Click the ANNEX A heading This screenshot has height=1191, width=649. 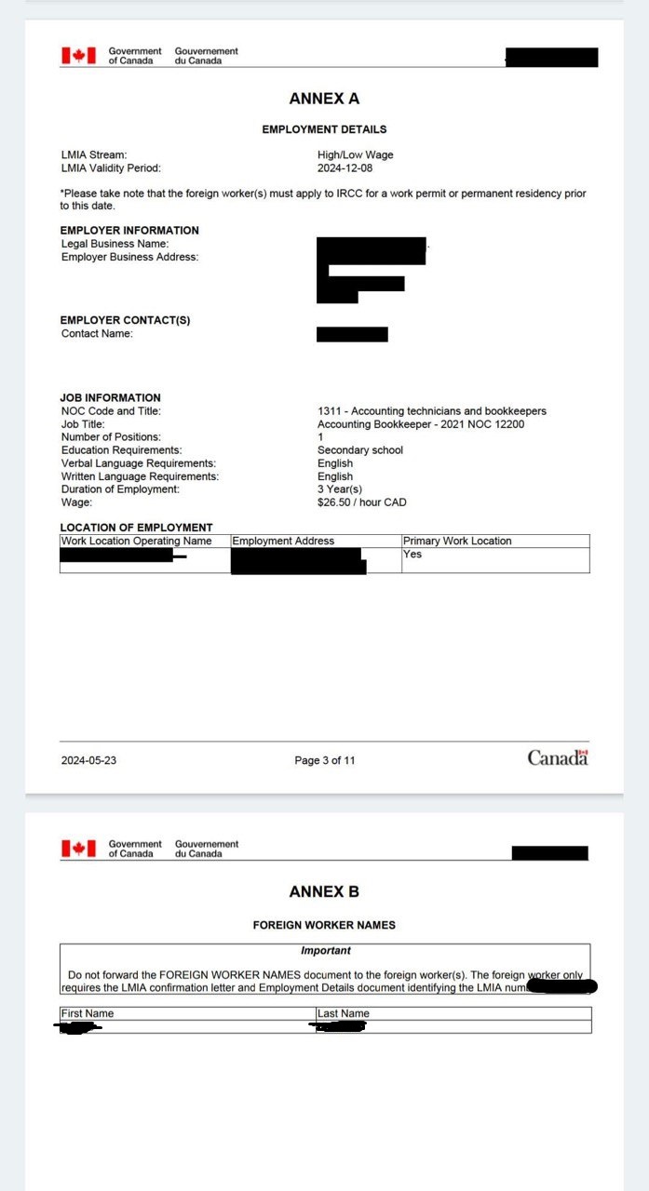click(324, 99)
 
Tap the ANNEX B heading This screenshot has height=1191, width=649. click(324, 891)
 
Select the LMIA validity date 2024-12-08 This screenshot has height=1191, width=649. click(344, 168)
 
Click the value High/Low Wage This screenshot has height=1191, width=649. click(355, 155)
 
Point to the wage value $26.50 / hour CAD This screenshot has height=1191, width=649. click(361, 502)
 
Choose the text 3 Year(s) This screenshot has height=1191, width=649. click(340, 489)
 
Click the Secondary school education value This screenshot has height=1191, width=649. click(360, 450)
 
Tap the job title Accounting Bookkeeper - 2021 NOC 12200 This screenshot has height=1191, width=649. click(421, 424)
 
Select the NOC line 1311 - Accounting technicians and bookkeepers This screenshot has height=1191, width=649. click(431, 411)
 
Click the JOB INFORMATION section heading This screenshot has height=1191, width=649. click(110, 397)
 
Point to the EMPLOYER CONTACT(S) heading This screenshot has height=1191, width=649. click(125, 320)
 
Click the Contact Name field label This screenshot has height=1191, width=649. click(97, 334)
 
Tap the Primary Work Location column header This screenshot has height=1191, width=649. click(456, 541)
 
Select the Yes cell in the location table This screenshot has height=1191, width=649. click(412, 555)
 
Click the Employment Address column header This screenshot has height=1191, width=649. click(283, 541)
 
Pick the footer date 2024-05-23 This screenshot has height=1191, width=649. click(88, 760)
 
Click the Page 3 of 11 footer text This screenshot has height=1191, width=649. click(324, 760)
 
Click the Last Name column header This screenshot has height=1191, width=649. click(343, 1013)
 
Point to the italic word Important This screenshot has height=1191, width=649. click(325, 951)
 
